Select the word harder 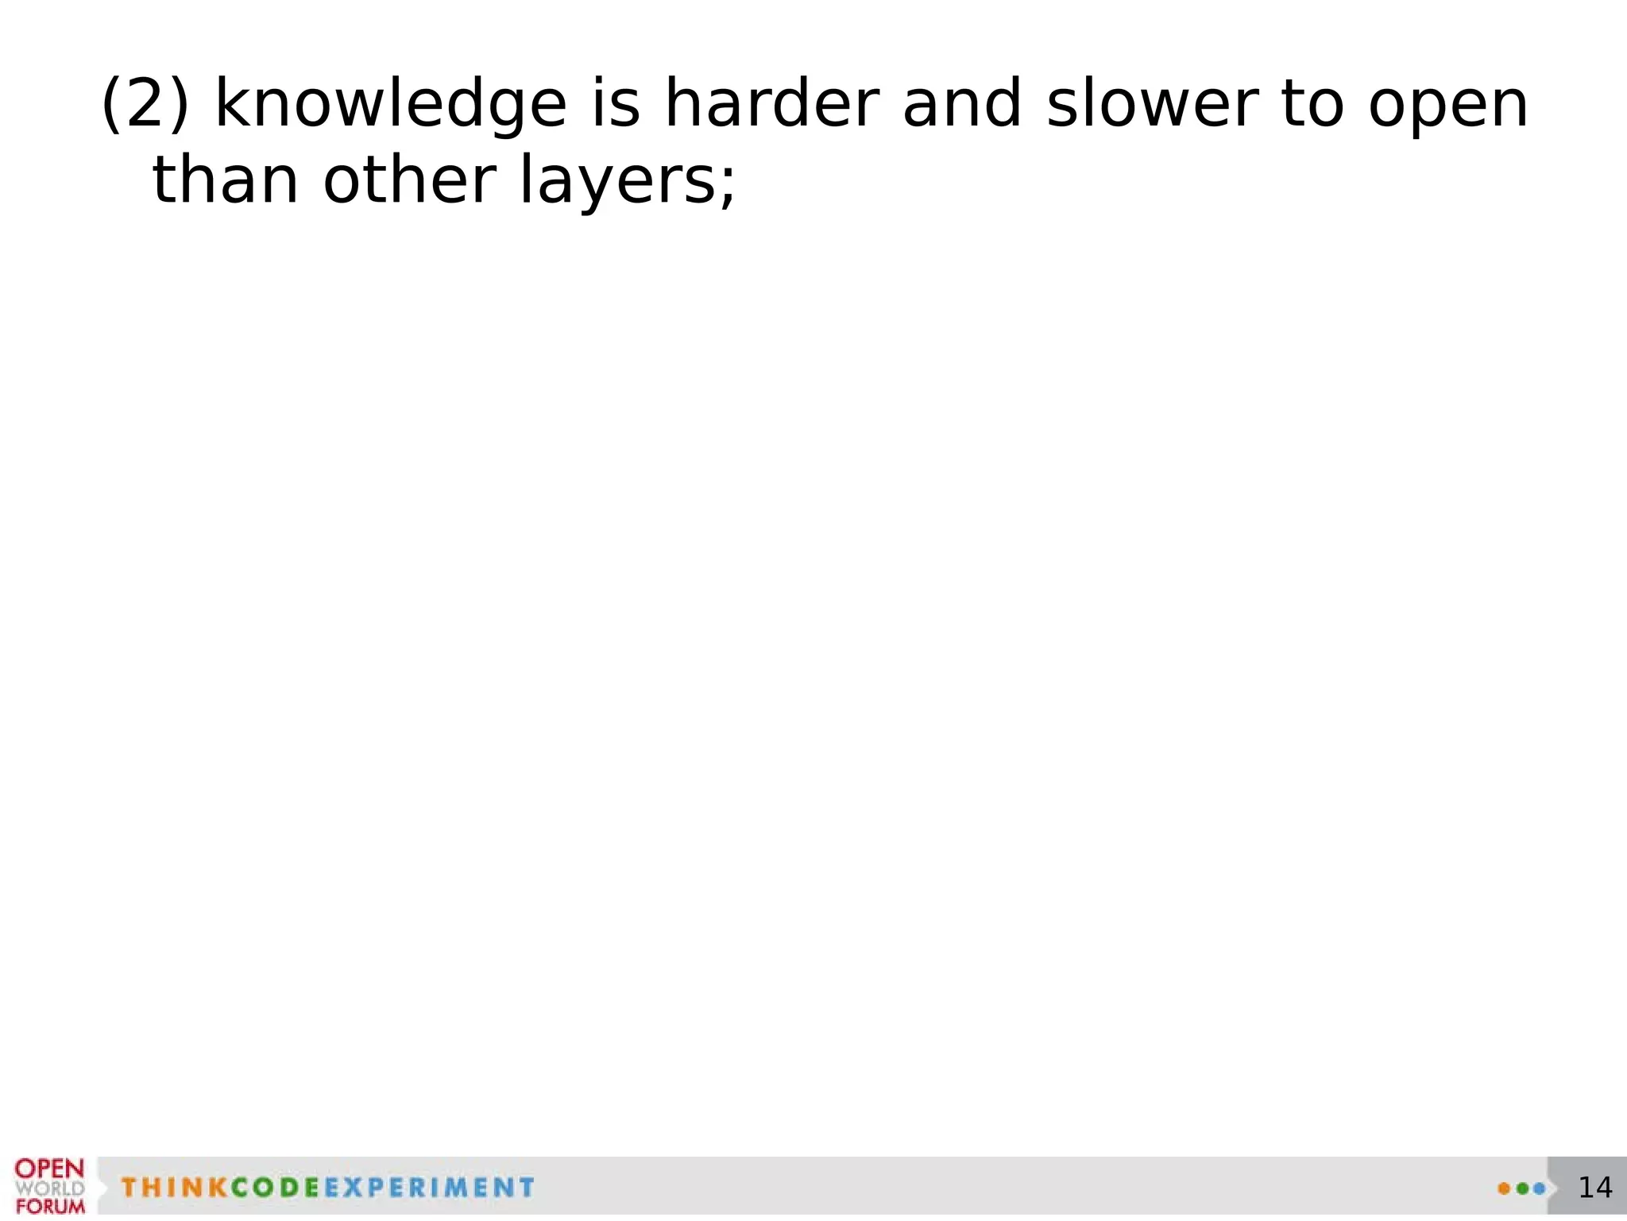click(x=771, y=103)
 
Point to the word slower click(x=1153, y=103)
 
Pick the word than click(x=226, y=180)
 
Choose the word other click(x=409, y=180)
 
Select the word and click(x=962, y=103)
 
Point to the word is click(x=616, y=103)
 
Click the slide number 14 click(x=1594, y=1188)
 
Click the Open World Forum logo click(x=49, y=1186)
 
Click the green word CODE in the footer click(x=275, y=1188)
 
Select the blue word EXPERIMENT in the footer click(x=429, y=1188)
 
